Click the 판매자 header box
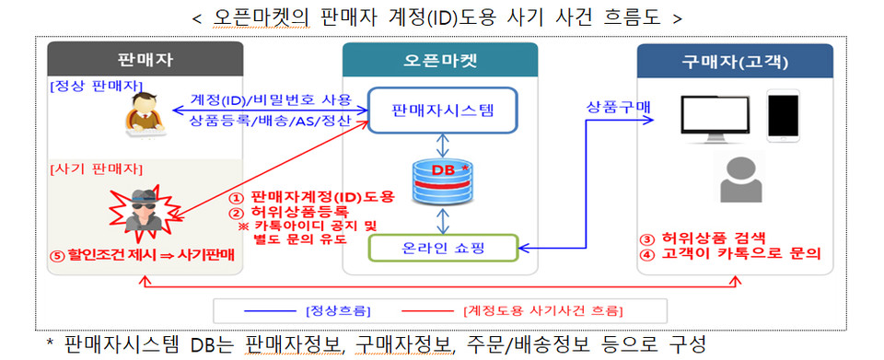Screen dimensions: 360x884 [145, 61]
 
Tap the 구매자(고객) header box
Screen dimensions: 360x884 [734, 61]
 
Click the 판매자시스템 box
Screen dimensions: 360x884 [442, 110]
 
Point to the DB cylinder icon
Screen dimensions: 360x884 [443, 180]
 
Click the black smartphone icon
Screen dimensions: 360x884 [783, 115]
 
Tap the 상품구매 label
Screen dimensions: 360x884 [618, 107]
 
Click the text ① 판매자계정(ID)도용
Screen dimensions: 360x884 [311, 196]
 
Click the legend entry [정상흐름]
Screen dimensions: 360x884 [336, 309]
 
